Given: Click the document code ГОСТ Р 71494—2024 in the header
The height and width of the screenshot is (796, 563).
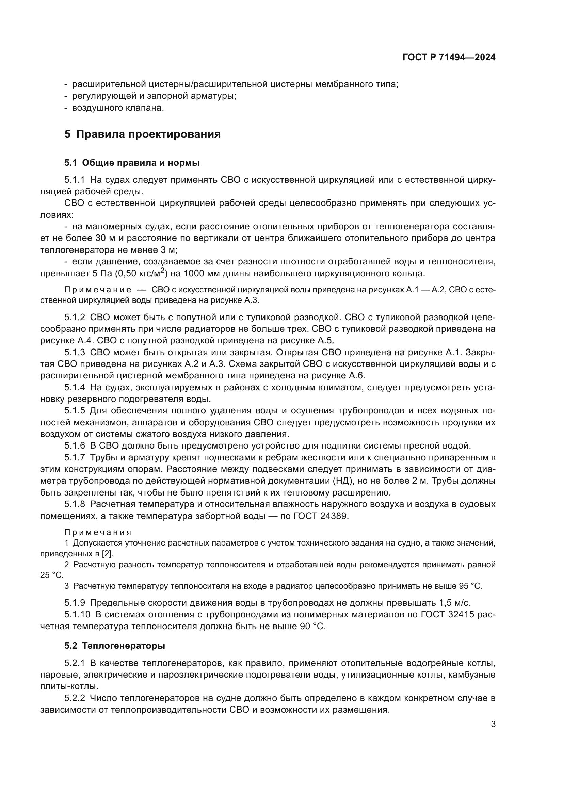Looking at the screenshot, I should tap(449, 58).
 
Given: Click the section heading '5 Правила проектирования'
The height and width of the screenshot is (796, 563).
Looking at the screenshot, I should tap(142, 134).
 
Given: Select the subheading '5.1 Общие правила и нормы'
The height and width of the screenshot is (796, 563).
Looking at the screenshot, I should tap(132, 163).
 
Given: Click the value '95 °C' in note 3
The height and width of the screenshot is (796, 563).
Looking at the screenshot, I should tap(470, 586).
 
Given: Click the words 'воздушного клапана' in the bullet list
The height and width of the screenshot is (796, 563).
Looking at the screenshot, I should tap(117, 108).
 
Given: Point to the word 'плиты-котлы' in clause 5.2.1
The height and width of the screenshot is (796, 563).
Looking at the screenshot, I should tap(69, 686).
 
